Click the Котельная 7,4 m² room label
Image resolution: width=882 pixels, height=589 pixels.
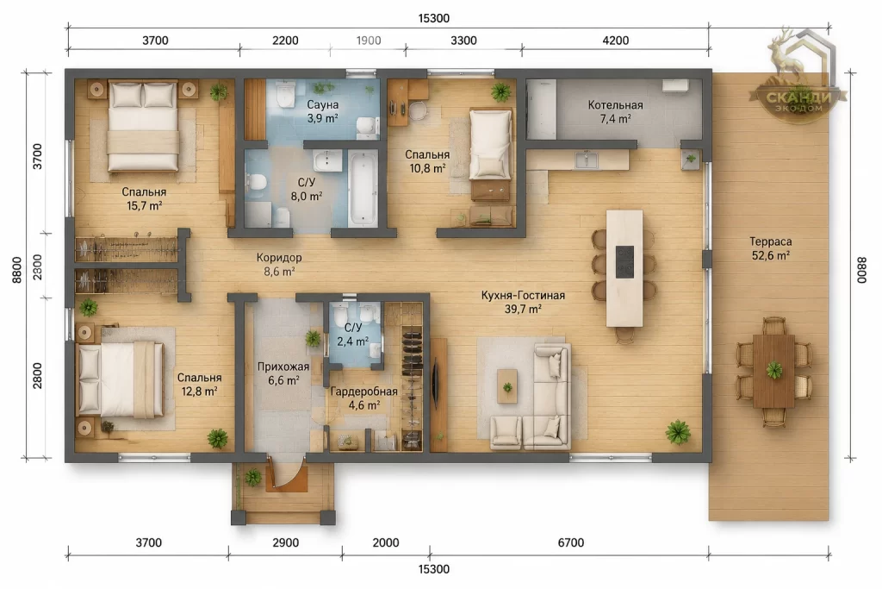tap(615, 111)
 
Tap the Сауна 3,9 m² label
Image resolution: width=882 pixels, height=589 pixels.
tap(322, 111)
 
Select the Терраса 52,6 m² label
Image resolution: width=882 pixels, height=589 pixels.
tap(771, 248)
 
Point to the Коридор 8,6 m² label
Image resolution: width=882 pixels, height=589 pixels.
tap(279, 264)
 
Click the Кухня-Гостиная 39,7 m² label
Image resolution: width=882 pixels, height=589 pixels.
tap(523, 302)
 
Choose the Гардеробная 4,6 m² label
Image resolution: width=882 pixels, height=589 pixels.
tap(364, 398)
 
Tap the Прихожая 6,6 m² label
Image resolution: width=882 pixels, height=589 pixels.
tap(283, 373)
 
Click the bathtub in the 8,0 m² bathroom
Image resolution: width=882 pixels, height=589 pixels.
tap(363, 187)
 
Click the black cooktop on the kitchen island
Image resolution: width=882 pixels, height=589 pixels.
tap(624, 261)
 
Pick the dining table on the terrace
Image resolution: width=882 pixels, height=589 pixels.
tap(774, 371)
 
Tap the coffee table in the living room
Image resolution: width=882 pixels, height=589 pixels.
tap(507, 385)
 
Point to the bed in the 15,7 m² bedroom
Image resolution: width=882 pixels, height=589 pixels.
tap(143, 126)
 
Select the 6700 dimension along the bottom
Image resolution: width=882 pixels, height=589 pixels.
tap(571, 542)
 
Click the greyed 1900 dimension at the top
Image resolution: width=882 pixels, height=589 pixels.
tap(369, 41)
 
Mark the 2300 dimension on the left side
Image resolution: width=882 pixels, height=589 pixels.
tap(38, 266)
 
